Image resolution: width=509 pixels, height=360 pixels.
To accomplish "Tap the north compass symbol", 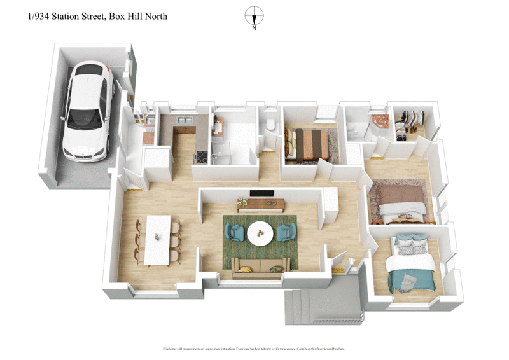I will click(254, 15).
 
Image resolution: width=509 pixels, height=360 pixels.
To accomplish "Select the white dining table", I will click(158, 239).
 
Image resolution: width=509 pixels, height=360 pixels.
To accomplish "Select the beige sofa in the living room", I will click(258, 266).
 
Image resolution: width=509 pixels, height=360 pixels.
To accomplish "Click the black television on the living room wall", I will click(261, 193).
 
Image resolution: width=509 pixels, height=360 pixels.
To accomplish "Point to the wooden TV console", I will click(261, 204).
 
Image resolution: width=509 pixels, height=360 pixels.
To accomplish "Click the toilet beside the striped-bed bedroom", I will click(270, 125).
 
